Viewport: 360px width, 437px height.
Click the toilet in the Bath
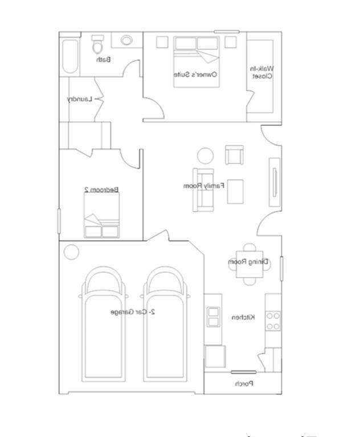pyautogui.click(x=97, y=44)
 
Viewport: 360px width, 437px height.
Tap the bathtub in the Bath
pyautogui.click(x=69, y=56)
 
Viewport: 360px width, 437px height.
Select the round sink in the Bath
pyautogui.click(x=126, y=40)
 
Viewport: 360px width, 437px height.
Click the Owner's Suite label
pyautogui.click(x=204, y=74)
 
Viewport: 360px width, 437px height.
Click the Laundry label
pyautogui.click(x=79, y=99)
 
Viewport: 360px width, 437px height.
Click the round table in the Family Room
pyautogui.click(x=205, y=155)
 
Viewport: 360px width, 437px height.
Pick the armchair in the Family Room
pyautogui.click(x=234, y=155)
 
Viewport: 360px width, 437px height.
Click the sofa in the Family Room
pyautogui.click(x=202, y=190)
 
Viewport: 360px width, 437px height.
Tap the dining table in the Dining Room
pyautogui.click(x=249, y=263)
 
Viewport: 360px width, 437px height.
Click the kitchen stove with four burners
pyautogui.click(x=273, y=321)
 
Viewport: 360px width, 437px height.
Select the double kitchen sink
pyautogui.click(x=213, y=316)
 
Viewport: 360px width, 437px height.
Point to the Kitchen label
pyautogui.click(x=243, y=317)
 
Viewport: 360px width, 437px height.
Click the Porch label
pyautogui.click(x=244, y=384)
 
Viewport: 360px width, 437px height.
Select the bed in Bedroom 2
pyautogui.click(x=101, y=225)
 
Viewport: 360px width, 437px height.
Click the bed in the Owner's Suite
pyautogui.click(x=197, y=61)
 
